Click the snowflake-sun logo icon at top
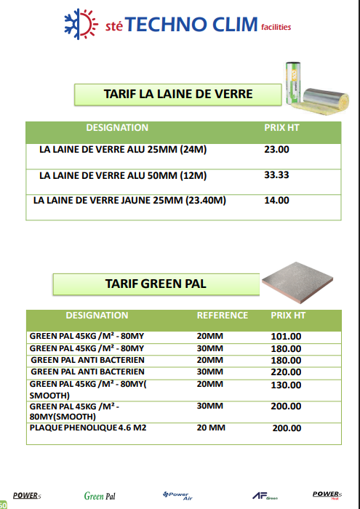pyautogui.click(x=81, y=24)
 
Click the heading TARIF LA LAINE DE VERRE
pyautogui.click(x=178, y=94)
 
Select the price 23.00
pyautogui.click(x=276, y=150)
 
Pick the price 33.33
pyautogui.click(x=276, y=175)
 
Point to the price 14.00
pyautogui.click(x=276, y=201)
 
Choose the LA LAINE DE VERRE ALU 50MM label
pyautogui.click(x=123, y=175)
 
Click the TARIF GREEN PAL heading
pyautogui.click(x=156, y=284)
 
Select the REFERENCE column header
pyautogui.click(x=223, y=316)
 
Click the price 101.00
pyautogui.click(x=286, y=337)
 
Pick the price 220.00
pyautogui.click(x=286, y=372)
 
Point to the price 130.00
pyautogui.click(x=286, y=385)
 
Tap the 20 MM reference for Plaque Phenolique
pyautogui.click(x=211, y=428)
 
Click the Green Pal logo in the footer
pyautogui.click(x=100, y=496)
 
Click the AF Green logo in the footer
pyautogui.click(x=264, y=496)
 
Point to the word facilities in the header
pyautogui.click(x=276, y=28)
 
